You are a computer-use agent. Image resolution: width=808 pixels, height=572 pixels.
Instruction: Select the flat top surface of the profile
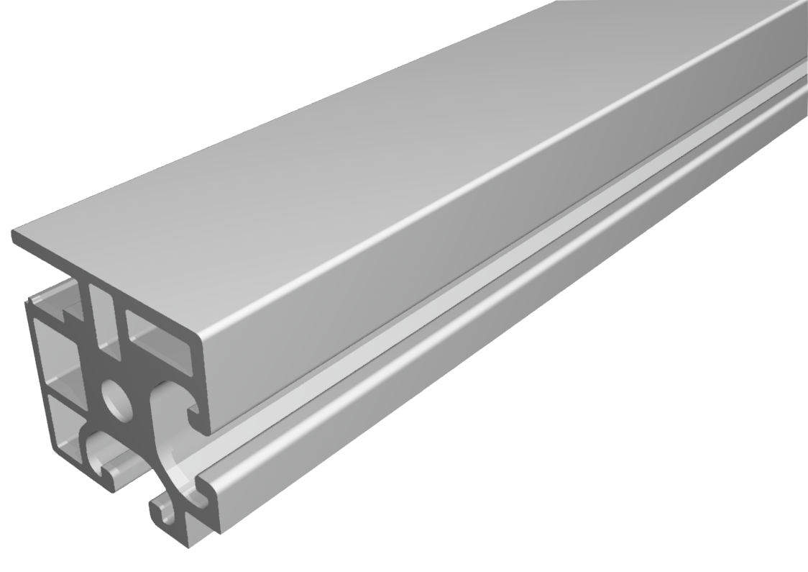point(359,165)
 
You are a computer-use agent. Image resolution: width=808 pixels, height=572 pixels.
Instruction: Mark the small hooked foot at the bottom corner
point(161,514)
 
